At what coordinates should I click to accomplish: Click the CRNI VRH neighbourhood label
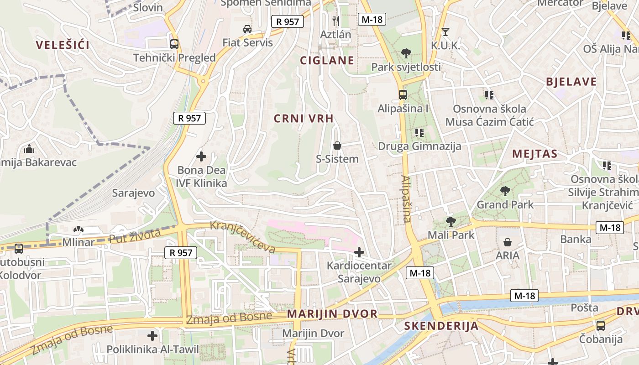click(x=304, y=119)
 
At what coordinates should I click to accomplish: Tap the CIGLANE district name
click(x=327, y=61)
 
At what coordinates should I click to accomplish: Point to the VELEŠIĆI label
click(x=63, y=45)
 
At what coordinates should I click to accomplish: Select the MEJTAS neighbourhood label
click(x=534, y=154)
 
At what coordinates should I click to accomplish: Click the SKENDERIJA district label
click(x=441, y=326)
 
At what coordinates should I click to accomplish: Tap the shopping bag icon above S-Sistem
click(x=337, y=146)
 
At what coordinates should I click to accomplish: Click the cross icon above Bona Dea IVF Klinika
click(x=201, y=157)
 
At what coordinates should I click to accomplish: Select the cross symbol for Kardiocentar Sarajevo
click(x=359, y=252)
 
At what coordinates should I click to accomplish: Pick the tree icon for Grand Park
click(x=505, y=191)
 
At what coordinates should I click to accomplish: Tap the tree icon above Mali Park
click(x=450, y=222)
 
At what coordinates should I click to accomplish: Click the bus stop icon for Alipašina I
click(x=403, y=95)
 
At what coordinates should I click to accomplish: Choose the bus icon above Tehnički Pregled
click(x=174, y=44)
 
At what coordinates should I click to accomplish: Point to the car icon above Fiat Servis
click(x=247, y=29)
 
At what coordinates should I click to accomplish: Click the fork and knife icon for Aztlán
click(x=336, y=21)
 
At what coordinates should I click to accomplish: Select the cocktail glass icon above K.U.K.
click(x=445, y=32)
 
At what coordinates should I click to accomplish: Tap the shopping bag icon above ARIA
click(x=508, y=242)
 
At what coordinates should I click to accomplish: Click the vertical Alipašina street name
click(x=406, y=199)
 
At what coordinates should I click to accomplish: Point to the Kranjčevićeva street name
click(x=242, y=237)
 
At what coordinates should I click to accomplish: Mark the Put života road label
click(x=135, y=236)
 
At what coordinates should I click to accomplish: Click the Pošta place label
click(x=584, y=308)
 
